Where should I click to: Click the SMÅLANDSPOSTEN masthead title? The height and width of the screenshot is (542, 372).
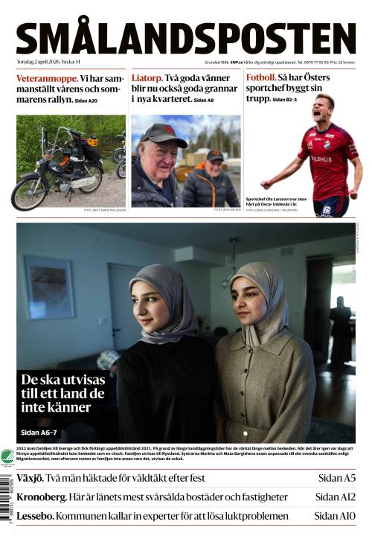[x=186, y=38]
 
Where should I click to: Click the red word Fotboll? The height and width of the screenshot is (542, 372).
[x=261, y=77]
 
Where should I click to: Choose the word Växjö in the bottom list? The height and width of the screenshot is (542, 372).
[x=31, y=478]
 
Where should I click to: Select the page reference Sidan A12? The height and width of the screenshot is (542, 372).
[x=335, y=497]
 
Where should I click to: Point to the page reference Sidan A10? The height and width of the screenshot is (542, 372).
[x=334, y=515]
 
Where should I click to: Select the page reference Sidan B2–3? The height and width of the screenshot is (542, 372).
[x=285, y=99]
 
